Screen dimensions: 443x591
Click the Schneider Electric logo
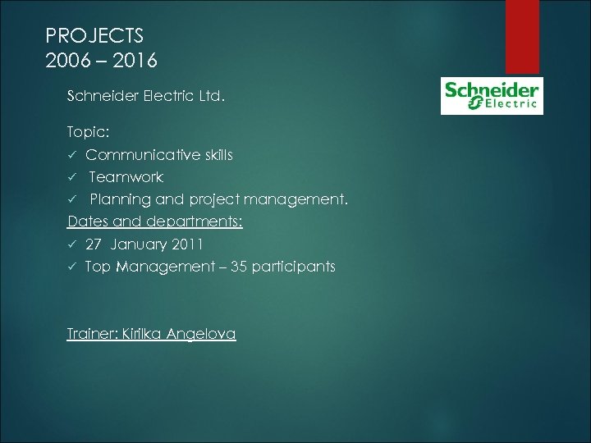click(492, 95)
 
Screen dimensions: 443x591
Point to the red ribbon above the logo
click(522, 36)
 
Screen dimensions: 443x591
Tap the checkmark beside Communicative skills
click(72, 155)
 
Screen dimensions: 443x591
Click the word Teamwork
click(126, 176)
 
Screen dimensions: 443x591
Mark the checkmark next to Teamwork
click(72, 177)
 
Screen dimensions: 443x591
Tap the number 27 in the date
click(94, 244)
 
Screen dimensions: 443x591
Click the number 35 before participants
click(241, 267)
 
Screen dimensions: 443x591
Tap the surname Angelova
click(201, 334)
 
